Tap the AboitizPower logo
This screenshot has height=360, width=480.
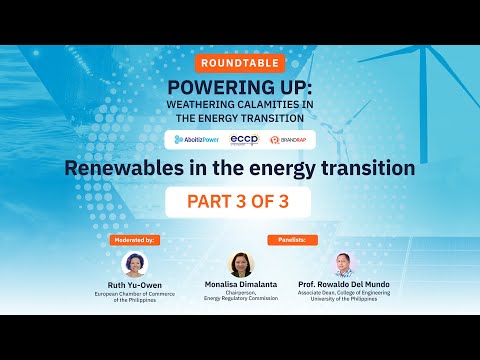tap(195, 139)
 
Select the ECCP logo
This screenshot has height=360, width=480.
tap(244, 139)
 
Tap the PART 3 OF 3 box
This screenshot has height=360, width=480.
tap(239, 201)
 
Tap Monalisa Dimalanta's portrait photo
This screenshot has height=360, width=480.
tap(241, 264)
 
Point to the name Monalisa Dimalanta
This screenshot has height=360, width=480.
tap(241, 286)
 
